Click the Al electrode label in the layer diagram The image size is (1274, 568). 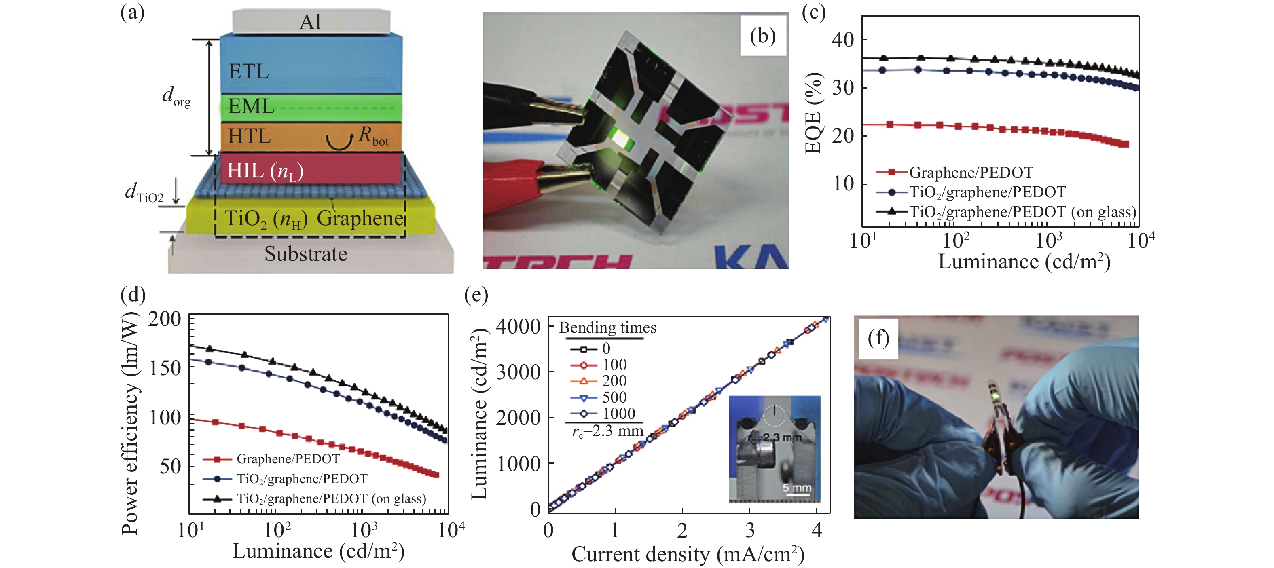pos(310,22)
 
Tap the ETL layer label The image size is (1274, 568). pos(248,72)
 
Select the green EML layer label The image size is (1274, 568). pos(251,107)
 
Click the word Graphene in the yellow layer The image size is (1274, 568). pos(360,218)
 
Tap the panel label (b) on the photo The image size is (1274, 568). pos(763,36)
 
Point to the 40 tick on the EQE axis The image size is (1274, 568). pos(843,40)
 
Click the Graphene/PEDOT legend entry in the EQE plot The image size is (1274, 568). pos(970,173)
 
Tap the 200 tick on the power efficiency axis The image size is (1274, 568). pos(165,319)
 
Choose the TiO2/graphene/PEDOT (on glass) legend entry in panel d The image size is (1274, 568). pos(331,499)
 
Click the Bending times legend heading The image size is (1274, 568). pos(607,328)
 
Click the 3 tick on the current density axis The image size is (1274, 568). pos(750,531)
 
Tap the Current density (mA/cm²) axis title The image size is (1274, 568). pos(688,555)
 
